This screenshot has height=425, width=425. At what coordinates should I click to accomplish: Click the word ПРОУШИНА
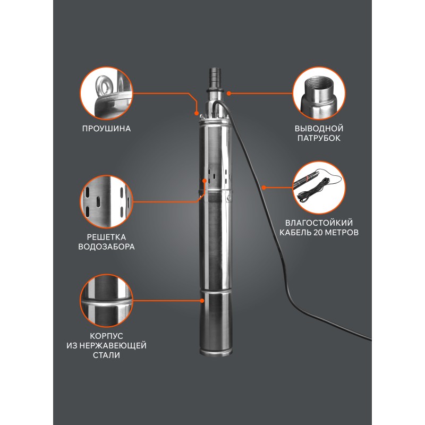pyautogui.click(x=106, y=129)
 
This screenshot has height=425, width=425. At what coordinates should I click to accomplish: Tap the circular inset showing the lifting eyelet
pyautogui.click(x=107, y=93)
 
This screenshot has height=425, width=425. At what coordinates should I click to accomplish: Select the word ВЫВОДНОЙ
pyautogui.click(x=319, y=129)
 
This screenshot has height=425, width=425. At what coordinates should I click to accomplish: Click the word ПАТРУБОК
pyautogui.click(x=319, y=138)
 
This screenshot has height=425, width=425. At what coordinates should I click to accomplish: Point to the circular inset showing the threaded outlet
pyautogui.click(x=319, y=93)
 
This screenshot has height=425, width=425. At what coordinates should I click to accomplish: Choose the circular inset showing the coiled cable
pyautogui.click(x=319, y=188)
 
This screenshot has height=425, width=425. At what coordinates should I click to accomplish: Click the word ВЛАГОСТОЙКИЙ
pyautogui.click(x=319, y=223)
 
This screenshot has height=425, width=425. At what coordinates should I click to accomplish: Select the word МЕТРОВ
pyautogui.click(x=342, y=233)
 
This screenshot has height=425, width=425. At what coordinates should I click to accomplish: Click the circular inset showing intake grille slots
pyautogui.click(x=107, y=202)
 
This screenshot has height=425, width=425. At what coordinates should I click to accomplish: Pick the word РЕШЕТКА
pyautogui.click(x=106, y=237)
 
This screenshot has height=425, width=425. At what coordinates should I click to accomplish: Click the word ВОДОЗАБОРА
pyautogui.click(x=106, y=246)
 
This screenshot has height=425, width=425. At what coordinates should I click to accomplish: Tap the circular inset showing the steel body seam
pyautogui.click(x=107, y=301)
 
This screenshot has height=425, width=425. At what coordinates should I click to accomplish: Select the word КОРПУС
pyautogui.click(x=106, y=336)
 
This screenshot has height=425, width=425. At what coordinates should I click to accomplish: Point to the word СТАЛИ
pyautogui.click(x=106, y=355)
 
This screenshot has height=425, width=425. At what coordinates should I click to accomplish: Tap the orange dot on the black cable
pyautogui.click(x=263, y=188)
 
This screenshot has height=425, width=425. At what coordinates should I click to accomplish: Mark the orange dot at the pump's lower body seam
pyautogui.click(x=202, y=301)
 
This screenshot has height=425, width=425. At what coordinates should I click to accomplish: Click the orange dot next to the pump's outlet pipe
pyautogui.click(x=229, y=93)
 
